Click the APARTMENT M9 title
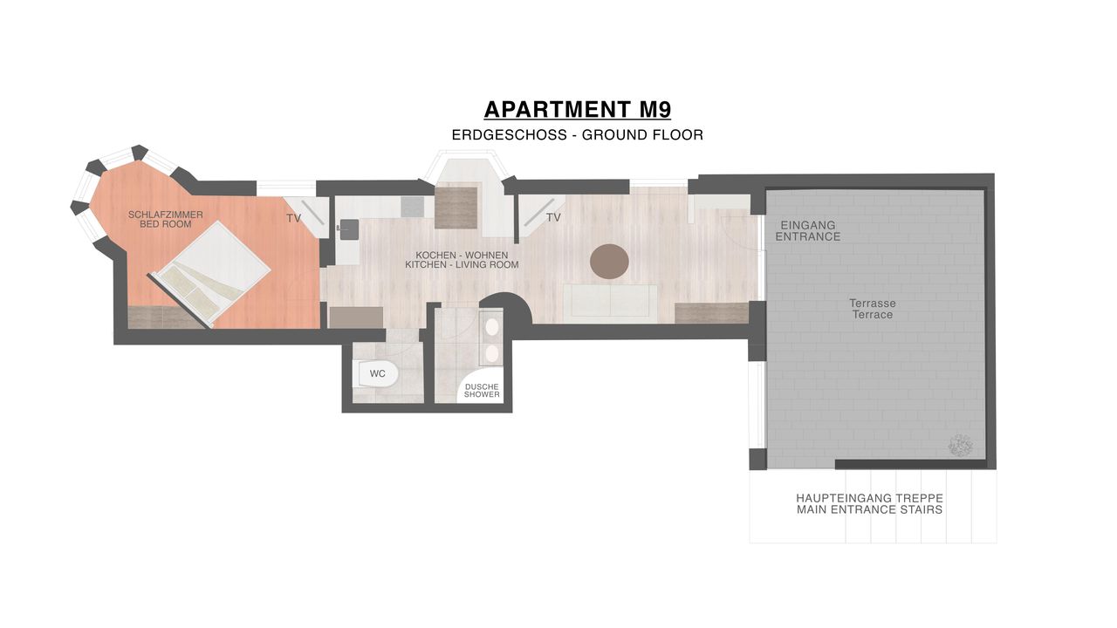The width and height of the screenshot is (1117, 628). (x=578, y=110)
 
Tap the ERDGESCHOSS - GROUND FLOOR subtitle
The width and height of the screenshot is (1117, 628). (x=578, y=135)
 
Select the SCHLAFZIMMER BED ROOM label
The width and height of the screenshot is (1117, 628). (x=166, y=219)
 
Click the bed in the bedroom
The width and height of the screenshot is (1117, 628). (x=209, y=274)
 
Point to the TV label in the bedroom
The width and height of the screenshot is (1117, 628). (x=293, y=218)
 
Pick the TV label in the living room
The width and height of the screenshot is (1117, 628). (x=553, y=217)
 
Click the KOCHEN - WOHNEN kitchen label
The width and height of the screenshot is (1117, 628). (x=462, y=260)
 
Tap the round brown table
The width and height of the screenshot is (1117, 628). (x=609, y=261)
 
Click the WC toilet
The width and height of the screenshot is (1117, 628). (x=375, y=374)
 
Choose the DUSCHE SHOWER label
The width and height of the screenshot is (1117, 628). (x=482, y=390)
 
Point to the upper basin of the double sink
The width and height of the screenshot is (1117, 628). (x=492, y=327)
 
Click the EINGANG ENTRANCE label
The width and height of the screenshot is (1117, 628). (x=808, y=231)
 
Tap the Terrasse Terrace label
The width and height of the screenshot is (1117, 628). (x=873, y=309)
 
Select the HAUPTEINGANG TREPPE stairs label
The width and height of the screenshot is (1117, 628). (x=870, y=504)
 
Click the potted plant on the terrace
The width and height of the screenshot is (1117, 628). (x=961, y=446)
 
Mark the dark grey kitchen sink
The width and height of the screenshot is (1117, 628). (x=348, y=229)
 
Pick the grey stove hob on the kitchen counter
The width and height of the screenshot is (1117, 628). (x=413, y=207)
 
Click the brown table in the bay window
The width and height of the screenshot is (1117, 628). (x=456, y=208)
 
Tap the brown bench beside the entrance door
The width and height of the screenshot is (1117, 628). (x=711, y=313)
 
